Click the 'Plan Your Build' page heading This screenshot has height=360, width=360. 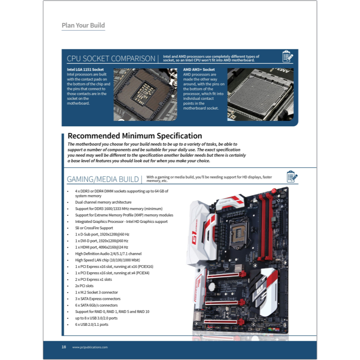(x=83, y=25)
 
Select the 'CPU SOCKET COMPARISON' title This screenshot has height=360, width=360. (x=111, y=58)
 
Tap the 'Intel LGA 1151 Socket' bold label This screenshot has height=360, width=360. (x=85, y=70)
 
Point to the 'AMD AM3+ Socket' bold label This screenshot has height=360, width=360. (x=199, y=70)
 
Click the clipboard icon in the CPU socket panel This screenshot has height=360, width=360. (x=288, y=57)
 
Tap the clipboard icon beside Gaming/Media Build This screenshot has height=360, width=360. (x=292, y=177)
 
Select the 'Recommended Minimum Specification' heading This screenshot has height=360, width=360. (x=134, y=136)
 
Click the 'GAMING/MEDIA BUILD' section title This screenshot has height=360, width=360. (x=103, y=179)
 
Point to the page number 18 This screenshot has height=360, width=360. (x=64, y=347)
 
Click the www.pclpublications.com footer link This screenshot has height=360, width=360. (x=90, y=347)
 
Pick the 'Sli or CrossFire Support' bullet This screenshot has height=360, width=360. (x=94, y=228)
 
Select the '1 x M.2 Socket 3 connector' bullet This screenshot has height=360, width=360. (x=97, y=292)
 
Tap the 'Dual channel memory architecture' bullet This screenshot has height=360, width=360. (x=103, y=202)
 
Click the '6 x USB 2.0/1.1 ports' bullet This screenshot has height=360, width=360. (x=92, y=324)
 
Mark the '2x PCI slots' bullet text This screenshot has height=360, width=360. (x=84, y=285)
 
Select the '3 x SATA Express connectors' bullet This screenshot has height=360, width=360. (x=98, y=298)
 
